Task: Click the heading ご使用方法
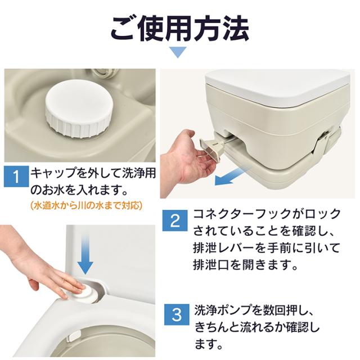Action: [x=179, y=29]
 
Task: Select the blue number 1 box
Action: [x=16, y=176]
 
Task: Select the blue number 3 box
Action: [x=177, y=314]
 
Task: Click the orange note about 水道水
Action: [x=86, y=205]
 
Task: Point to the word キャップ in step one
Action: [x=54, y=173]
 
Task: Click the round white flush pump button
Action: [x=84, y=291]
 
